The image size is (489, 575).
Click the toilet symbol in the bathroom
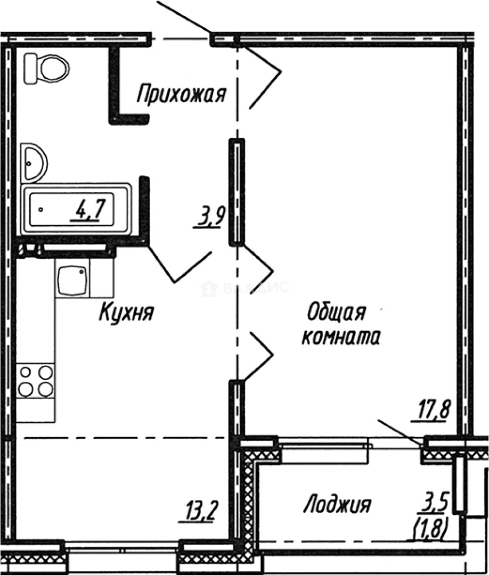pos(47,68)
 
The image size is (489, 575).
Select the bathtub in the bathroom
pos(76,209)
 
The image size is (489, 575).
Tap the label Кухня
pos(126,313)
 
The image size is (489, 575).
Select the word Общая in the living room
pos(336,313)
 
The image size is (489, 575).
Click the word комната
pos(341,337)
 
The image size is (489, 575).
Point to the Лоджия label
pos(337,504)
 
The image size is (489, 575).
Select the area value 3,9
pos(210,217)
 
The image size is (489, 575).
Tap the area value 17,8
pos(431,411)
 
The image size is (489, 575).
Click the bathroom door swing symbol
pos(178,267)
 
